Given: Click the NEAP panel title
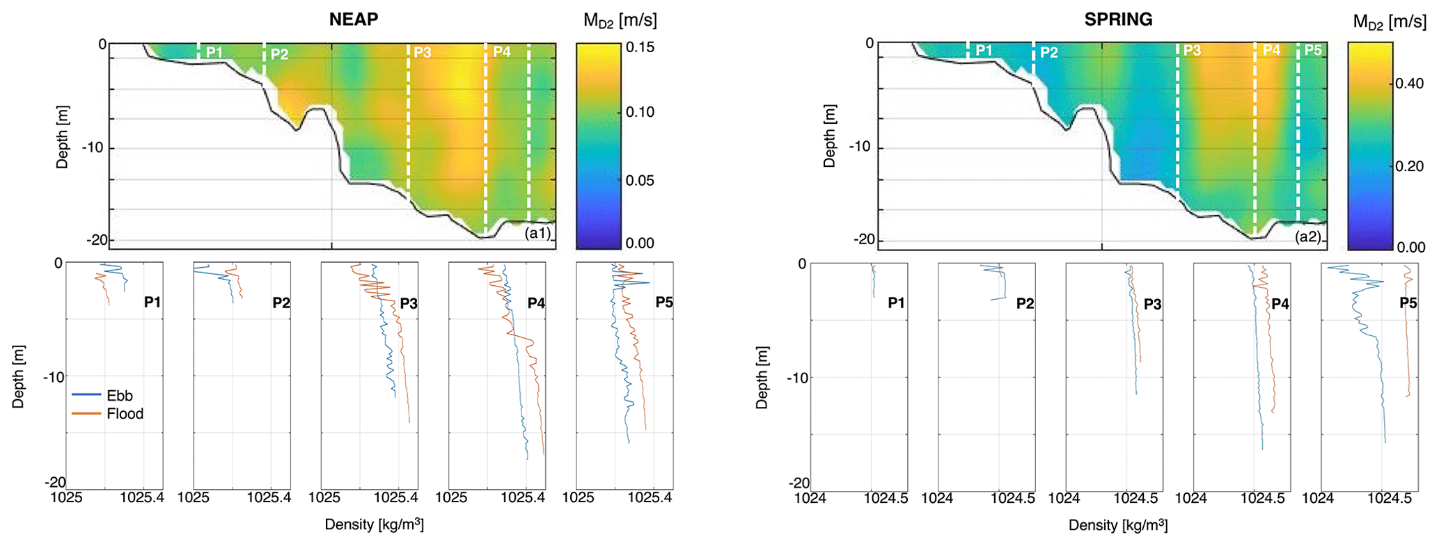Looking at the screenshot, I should [354, 19].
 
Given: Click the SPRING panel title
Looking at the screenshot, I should [1118, 19].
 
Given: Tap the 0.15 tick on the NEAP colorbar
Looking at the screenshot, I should [640, 47].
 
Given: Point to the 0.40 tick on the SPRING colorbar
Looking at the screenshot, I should [1410, 83].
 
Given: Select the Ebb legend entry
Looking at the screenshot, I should [119, 396].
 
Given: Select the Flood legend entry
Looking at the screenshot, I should [125, 414].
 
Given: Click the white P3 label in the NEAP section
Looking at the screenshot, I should [423, 52].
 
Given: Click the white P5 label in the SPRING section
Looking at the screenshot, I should [1312, 50].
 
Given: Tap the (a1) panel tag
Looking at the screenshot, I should [538, 233].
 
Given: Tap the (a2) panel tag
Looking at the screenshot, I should [1308, 236].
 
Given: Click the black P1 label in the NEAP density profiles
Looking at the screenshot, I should [152, 302].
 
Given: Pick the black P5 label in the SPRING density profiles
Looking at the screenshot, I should [1408, 303].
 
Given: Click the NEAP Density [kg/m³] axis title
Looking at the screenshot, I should [374, 524].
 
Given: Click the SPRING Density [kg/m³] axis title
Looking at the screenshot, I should [1118, 525].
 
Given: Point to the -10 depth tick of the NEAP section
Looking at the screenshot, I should [93, 147].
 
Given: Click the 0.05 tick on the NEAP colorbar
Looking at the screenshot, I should [640, 180].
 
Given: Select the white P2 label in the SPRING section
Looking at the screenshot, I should [1048, 53].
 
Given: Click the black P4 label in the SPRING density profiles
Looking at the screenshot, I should [1280, 304].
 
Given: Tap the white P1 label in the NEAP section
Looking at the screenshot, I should [214, 52].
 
